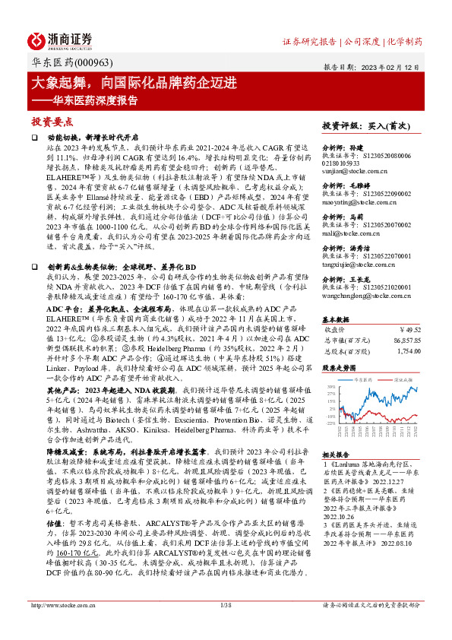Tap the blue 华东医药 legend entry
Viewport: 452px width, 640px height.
coord(363,376)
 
